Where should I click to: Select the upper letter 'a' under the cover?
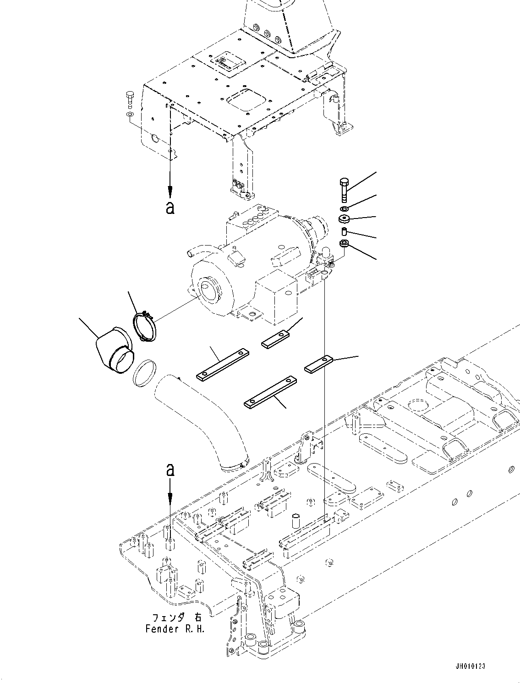point(170,208)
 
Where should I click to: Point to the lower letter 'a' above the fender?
point(170,470)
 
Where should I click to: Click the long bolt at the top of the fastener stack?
point(344,190)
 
